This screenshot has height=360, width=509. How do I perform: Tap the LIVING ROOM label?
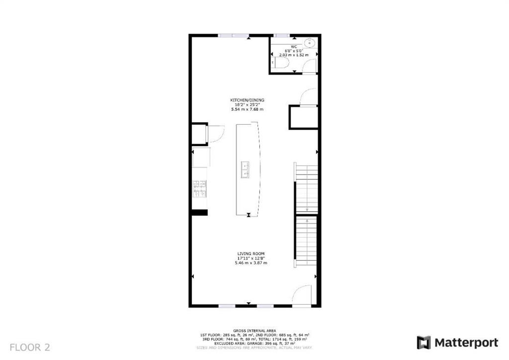251,254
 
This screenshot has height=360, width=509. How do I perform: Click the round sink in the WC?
308,41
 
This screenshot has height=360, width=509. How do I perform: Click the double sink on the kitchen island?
245,170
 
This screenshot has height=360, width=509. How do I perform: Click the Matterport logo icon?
424,343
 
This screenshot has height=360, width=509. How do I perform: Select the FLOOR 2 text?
30,347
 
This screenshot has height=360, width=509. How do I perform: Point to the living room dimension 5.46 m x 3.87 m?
251,263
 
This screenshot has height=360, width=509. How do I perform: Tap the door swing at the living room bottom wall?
302,295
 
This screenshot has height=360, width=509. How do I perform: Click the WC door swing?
309,65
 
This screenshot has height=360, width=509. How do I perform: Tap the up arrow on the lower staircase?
307,222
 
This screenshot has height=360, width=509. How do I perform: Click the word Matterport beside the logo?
466,343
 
